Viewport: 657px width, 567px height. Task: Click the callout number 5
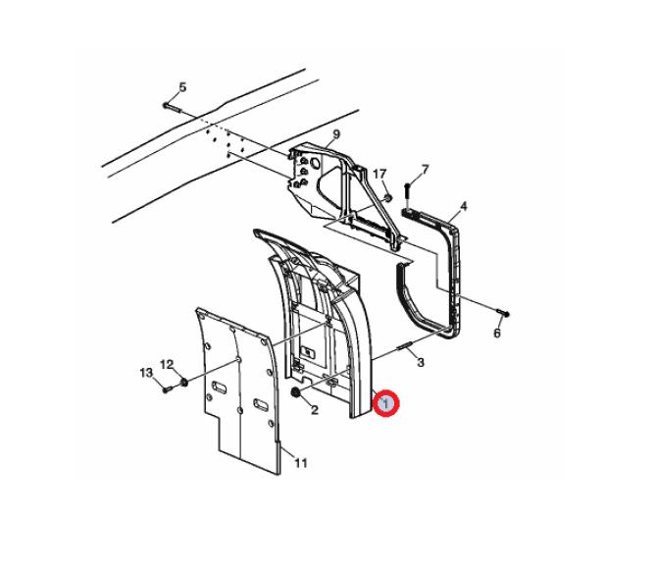pos(182,87)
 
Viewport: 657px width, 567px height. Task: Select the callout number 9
pos(336,134)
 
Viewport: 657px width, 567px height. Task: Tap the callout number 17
pos(379,174)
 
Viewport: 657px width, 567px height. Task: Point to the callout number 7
pos(425,170)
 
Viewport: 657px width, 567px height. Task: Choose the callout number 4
pos(463,206)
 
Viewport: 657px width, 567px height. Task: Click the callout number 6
pos(497,334)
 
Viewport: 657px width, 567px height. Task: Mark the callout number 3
pos(421,362)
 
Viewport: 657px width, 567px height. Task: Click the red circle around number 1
pos(386,403)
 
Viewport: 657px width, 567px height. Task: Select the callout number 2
pos(315,410)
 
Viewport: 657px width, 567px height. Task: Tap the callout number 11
pos(301,463)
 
